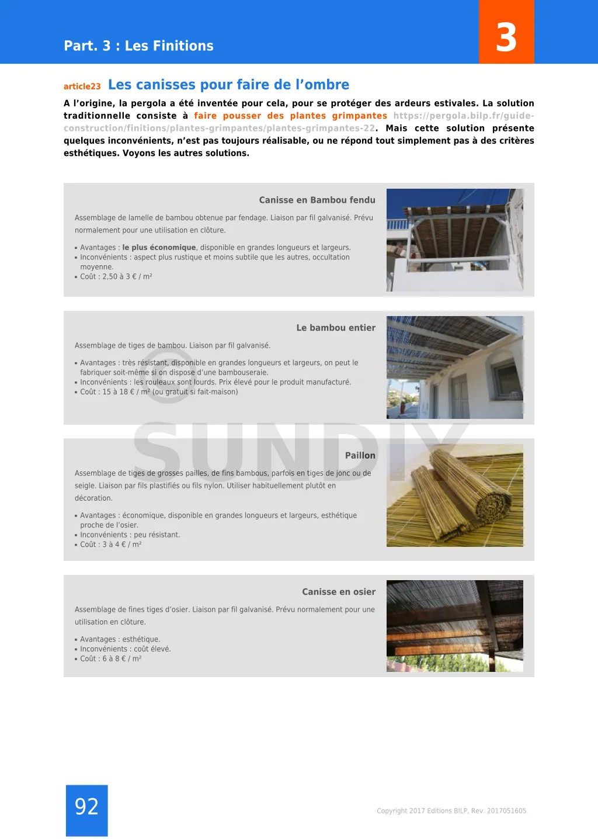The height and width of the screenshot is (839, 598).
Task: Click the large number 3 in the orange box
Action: pos(506,37)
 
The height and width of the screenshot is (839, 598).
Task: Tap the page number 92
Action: pos(86,807)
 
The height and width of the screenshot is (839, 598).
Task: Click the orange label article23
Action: pos(82,86)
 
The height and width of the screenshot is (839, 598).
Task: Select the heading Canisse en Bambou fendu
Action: pos(317,200)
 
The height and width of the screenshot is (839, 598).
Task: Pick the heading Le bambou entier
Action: pos(336,328)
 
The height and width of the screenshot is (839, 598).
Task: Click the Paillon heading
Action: pos(360,455)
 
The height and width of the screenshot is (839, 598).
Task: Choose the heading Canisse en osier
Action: pos(339,592)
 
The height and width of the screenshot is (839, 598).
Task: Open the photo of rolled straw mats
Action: pos(454,495)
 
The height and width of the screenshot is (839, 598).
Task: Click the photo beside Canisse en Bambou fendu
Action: pos(454,240)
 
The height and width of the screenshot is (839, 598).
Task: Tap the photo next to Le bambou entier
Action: pos(454,368)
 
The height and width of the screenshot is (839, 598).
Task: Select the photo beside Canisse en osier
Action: pos(454,626)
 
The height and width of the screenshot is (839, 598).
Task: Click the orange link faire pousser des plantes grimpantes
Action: pos(290,116)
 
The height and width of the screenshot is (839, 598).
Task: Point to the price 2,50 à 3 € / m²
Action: pos(127,276)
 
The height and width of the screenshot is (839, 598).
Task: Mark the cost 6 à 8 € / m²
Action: pos(121,658)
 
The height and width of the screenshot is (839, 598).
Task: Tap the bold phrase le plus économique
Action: pos(159,248)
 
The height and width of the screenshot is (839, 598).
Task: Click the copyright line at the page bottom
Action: pos(451,811)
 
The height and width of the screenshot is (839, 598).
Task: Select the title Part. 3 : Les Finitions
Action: pos(138,46)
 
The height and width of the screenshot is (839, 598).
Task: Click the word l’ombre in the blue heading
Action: pos(322,85)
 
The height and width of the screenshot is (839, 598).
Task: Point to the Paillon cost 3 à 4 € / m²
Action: pos(121,545)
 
